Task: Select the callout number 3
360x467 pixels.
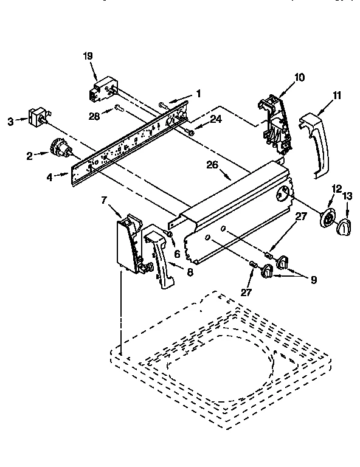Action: coord(10,122)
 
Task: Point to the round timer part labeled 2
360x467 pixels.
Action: coord(58,148)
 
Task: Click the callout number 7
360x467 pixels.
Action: coord(105,199)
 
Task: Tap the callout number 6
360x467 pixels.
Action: coord(178,254)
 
